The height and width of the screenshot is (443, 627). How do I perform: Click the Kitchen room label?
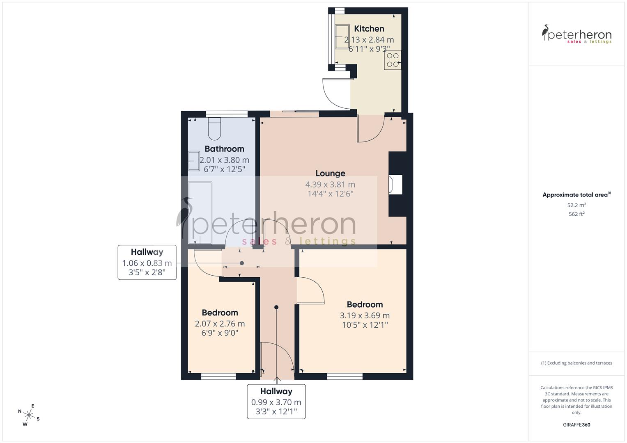(x=369, y=29)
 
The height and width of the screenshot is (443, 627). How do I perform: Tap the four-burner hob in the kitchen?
(x=393, y=60)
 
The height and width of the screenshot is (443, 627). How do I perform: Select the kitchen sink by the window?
(x=341, y=36)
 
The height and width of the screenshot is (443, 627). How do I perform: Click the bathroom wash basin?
(x=193, y=161)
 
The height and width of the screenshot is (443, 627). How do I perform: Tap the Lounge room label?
(x=330, y=174)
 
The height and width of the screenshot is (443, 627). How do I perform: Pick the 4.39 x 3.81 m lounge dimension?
(x=330, y=185)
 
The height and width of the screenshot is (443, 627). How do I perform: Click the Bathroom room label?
(x=224, y=149)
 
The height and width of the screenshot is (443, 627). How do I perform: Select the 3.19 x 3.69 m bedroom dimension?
(x=365, y=315)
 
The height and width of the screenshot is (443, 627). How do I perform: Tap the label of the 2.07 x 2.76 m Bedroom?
(x=220, y=313)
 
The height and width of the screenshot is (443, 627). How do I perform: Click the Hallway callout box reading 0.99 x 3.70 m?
(x=276, y=402)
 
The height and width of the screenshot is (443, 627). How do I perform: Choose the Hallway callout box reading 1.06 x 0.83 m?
(x=147, y=263)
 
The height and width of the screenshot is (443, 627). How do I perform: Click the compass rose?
(x=29, y=415)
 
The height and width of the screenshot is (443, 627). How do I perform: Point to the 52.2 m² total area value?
(x=576, y=205)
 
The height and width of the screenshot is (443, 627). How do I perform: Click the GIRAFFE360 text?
(x=576, y=425)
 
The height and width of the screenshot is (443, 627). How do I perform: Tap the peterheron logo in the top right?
(x=576, y=34)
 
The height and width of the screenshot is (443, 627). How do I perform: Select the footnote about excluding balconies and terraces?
(x=576, y=363)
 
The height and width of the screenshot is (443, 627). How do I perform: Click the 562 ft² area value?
(x=576, y=214)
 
